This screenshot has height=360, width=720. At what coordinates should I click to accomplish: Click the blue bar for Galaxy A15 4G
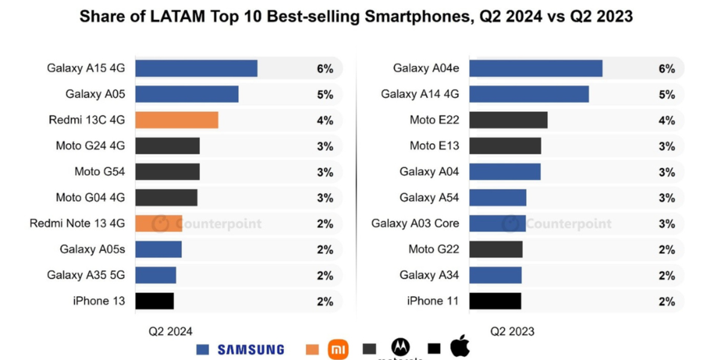click(x=196, y=68)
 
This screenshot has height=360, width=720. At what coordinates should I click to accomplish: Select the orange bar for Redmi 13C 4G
click(x=176, y=120)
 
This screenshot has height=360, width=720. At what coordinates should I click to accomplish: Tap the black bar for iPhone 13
click(x=154, y=301)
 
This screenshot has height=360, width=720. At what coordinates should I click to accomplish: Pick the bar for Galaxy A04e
click(x=535, y=68)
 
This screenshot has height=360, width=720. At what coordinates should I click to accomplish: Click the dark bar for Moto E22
click(x=508, y=120)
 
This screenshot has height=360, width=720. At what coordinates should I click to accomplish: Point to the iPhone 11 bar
click(x=495, y=301)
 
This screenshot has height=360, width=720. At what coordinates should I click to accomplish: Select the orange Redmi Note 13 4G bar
click(x=158, y=224)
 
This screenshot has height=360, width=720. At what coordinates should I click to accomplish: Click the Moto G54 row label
click(x=100, y=172)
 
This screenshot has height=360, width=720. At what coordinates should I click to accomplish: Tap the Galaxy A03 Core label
click(x=415, y=224)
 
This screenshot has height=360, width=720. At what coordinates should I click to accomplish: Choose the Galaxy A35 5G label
click(x=86, y=275)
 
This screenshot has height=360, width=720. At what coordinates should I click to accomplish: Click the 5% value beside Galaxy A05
click(x=325, y=95)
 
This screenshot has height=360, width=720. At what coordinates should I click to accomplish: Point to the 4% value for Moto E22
click(x=667, y=121)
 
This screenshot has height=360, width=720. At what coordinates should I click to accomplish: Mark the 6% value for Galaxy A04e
click(x=667, y=69)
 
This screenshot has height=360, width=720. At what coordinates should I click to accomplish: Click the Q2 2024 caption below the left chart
click(x=170, y=331)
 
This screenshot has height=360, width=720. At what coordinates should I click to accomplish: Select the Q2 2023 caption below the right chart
click(x=512, y=331)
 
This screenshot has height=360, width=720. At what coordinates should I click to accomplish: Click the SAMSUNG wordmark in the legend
click(x=251, y=349)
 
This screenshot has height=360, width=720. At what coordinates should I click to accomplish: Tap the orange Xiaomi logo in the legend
click(x=338, y=349)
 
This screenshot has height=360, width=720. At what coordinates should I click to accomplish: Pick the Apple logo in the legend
click(x=460, y=347)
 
